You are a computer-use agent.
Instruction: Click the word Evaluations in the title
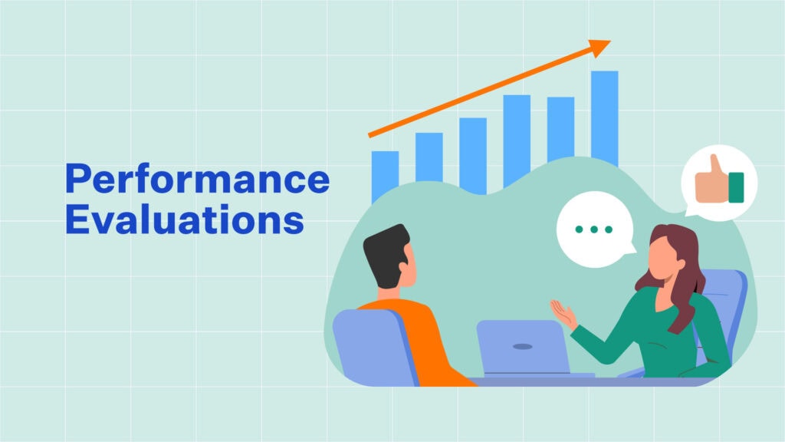tap(185, 219)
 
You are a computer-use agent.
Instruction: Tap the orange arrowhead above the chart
tap(599, 47)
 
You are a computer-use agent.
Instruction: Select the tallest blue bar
tap(605, 118)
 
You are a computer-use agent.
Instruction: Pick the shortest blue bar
tap(385, 176)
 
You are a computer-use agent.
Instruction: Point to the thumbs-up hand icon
tap(719, 180)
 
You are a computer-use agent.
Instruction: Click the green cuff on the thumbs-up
tap(736, 187)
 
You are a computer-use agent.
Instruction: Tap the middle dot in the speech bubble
tap(594, 229)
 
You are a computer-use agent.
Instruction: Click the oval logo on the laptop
tap(523, 347)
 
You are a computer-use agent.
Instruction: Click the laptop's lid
tap(521, 347)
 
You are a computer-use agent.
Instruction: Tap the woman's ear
tap(681, 264)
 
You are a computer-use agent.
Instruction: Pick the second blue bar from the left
tap(429, 157)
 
